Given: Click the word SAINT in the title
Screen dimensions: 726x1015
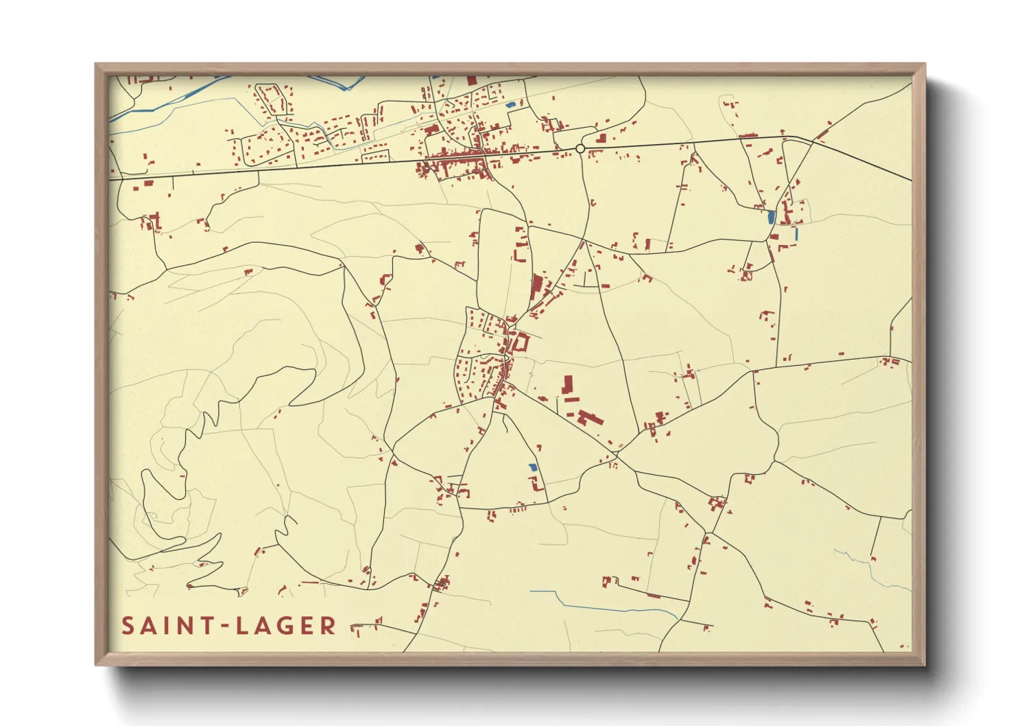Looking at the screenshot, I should click(166, 626).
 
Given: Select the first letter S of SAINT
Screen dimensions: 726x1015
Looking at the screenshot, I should click(128, 626).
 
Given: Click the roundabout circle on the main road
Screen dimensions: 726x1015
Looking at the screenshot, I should click(580, 148).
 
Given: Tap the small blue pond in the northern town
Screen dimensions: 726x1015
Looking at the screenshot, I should click(510, 105).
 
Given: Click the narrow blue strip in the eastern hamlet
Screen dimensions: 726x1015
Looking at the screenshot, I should click(796, 233).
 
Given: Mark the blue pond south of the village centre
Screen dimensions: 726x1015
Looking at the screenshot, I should click(533, 467).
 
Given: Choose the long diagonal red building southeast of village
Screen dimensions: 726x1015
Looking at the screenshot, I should click(590, 417).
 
